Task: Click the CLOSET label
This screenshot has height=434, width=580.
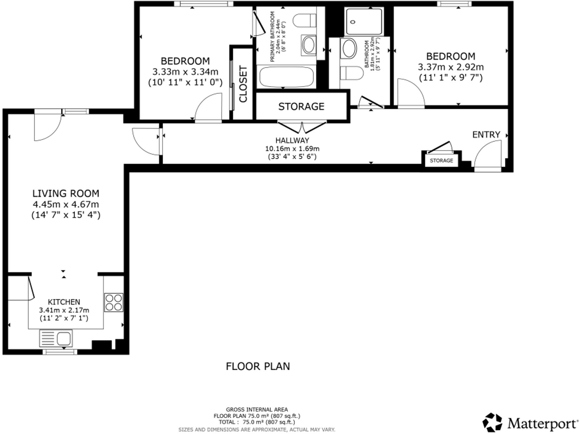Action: point(243,84)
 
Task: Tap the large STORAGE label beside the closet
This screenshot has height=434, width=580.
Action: point(301,107)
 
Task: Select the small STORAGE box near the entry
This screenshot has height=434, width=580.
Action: point(441,160)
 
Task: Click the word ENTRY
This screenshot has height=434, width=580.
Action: point(486,134)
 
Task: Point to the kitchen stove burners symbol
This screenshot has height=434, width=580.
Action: point(114,302)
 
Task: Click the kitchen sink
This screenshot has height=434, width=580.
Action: point(56,338)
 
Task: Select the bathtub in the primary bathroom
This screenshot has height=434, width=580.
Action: point(286,77)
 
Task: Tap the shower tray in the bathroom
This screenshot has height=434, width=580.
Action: point(364,22)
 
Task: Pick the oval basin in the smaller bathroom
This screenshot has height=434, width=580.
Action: point(349,49)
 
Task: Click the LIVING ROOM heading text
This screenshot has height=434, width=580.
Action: point(66,194)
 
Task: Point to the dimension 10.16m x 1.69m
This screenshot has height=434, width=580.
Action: point(292,149)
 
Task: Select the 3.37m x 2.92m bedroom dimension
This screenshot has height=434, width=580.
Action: point(451,67)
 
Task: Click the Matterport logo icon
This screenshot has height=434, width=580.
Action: point(493,423)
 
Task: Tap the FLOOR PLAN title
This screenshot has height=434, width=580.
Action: point(258,366)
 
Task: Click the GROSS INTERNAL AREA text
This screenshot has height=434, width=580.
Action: point(257,410)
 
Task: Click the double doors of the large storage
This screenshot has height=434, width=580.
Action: point(302,127)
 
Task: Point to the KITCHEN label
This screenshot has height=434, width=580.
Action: point(64,302)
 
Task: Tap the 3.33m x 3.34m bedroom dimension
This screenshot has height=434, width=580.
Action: point(185,72)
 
